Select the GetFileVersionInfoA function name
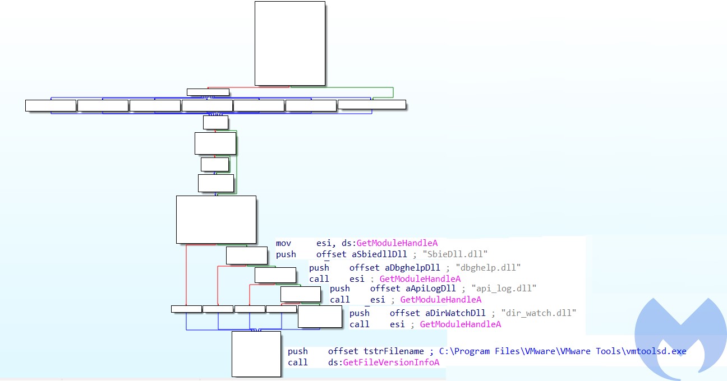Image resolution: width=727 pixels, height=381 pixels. click(x=391, y=363)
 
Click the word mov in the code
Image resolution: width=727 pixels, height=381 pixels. click(x=284, y=243)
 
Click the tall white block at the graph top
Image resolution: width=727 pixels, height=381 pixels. click(x=289, y=43)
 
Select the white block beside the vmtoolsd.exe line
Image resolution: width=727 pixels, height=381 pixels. click(x=256, y=354)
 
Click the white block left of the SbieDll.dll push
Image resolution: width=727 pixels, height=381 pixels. click(x=247, y=255)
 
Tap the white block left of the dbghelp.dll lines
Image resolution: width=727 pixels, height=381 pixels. click(x=275, y=275)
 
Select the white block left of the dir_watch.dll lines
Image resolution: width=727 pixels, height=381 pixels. click(x=320, y=317)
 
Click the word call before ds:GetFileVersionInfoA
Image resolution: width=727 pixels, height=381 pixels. click(x=298, y=363)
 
